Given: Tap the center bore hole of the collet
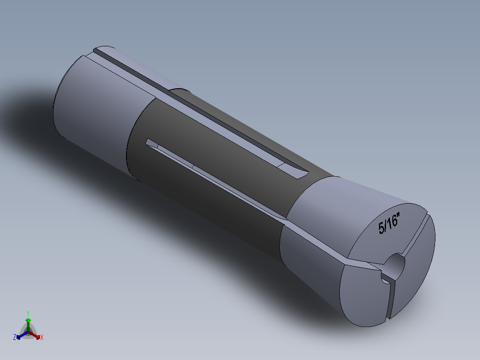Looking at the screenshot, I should click(x=394, y=265).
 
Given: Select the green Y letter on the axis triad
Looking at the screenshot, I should click(x=28, y=313).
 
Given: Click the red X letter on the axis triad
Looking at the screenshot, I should click(x=42, y=338).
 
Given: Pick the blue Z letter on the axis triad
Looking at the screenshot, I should click(x=14, y=338).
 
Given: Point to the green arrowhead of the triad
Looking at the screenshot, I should click(x=28, y=320).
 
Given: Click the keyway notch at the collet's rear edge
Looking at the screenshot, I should click(x=100, y=51).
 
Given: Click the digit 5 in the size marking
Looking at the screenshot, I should click(x=381, y=228).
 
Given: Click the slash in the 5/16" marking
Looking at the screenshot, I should click(x=386, y=225).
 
